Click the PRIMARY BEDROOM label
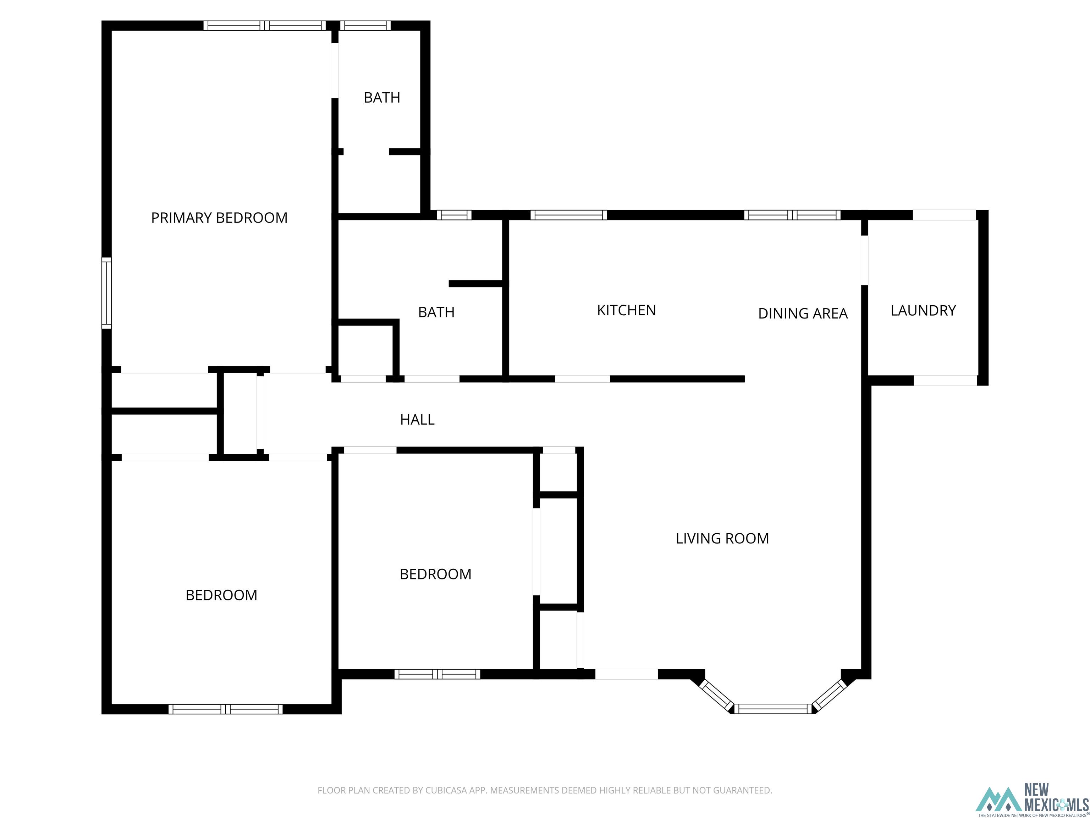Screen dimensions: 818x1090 point(219,217)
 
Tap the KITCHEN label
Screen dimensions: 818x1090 point(626,310)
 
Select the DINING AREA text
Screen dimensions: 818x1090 point(803,313)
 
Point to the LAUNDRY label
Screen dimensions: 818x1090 point(923,310)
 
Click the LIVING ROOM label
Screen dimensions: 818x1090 point(722,538)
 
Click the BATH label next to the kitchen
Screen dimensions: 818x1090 point(436,312)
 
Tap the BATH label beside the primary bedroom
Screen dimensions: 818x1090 point(381,98)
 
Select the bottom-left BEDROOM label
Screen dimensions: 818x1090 point(221,595)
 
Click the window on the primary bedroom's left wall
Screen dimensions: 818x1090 point(106,293)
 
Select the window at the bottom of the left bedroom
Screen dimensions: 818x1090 point(226,709)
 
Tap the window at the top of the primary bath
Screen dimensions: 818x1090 point(365,26)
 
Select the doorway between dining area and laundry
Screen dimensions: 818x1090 point(864,260)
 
